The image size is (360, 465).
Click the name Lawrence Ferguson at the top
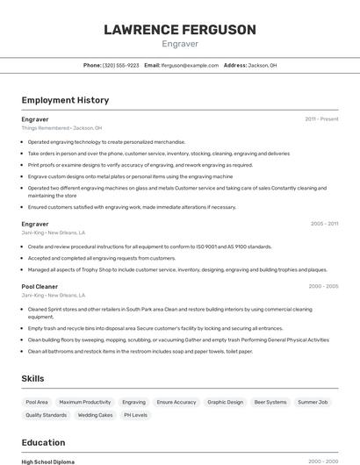[x=180, y=30]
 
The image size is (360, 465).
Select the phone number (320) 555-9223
[x=121, y=65]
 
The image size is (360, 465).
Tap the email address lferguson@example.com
[x=190, y=65]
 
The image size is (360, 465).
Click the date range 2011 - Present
[x=321, y=118]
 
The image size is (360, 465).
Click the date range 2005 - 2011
[x=323, y=224]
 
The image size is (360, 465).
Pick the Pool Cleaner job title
[x=40, y=286]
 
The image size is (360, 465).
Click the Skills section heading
[x=33, y=378]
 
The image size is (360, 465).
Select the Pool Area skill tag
[x=37, y=402]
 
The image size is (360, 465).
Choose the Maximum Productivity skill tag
[x=85, y=402]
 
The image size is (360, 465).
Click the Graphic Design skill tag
[x=226, y=402]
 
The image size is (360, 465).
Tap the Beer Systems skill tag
[x=270, y=402]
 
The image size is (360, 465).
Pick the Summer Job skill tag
[x=313, y=402]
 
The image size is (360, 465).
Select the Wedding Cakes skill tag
[x=95, y=415]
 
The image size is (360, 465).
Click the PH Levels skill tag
[x=135, y=415]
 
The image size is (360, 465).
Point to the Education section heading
[x=43, y=442]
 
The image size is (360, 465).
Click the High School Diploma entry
[x=48, y=461]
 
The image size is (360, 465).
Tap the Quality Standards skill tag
[x=47, y=415]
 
